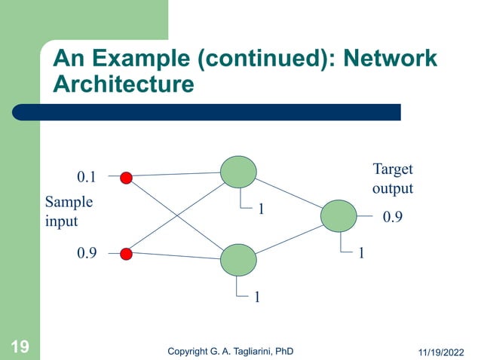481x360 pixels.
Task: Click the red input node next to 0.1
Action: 127,178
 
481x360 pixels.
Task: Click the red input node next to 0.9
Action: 127,254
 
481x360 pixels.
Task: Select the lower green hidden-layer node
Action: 237,260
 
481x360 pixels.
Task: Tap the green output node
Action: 337,215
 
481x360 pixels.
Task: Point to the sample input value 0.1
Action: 87,178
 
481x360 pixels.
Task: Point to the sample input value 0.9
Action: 87,255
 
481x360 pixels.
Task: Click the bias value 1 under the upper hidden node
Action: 261,209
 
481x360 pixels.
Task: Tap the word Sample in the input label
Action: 69,203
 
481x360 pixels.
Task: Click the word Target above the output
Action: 393,169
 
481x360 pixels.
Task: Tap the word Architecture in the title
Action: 123,84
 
